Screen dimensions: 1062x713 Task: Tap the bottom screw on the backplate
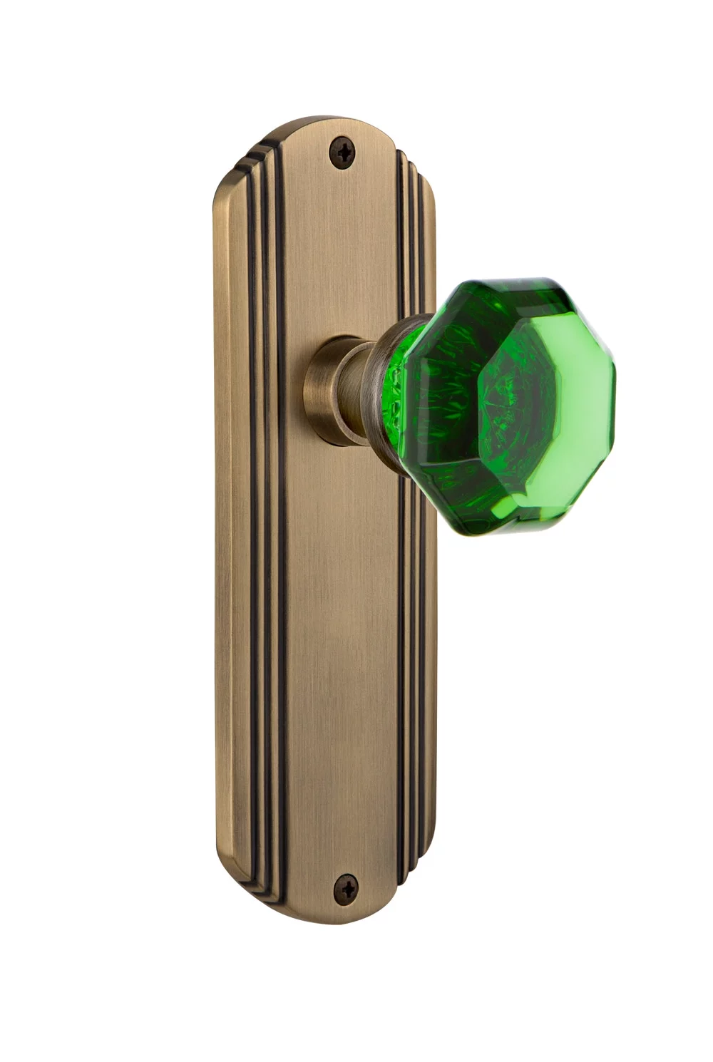coord(347,887)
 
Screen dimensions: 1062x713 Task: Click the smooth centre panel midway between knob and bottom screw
coord(342,641)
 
